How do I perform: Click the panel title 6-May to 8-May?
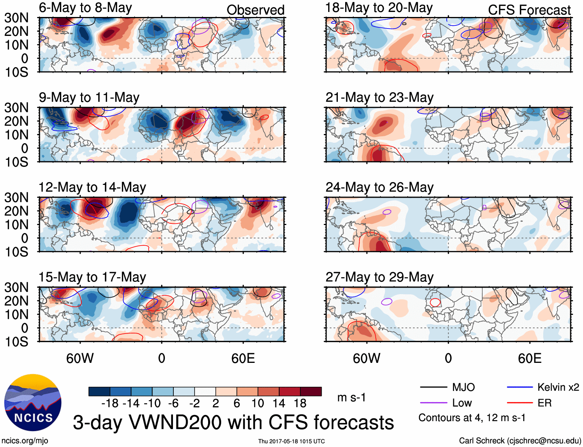click(85, 8)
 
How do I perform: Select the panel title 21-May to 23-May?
click(379, 98)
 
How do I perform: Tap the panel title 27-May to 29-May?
click(379, 277)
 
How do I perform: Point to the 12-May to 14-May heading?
click(92, 188)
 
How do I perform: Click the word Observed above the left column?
click(255, 10)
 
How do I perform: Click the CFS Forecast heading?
click(529, 10)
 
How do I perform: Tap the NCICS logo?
click(33, 403)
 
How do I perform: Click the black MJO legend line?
click(433, 387)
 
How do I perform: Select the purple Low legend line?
click(433, 403)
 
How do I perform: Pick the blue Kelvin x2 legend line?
click(520, 387)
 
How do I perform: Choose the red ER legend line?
click(520, 403)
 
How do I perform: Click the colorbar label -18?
click(110, 403)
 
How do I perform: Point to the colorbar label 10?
click(258, 403)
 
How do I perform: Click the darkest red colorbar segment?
click(311, 391)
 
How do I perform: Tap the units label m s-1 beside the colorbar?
click(351, 398)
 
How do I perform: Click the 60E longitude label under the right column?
click(529, 359)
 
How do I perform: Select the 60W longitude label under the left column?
click(80, 359)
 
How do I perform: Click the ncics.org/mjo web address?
click(25, 441)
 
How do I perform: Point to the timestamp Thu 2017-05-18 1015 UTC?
click(291, 441)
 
